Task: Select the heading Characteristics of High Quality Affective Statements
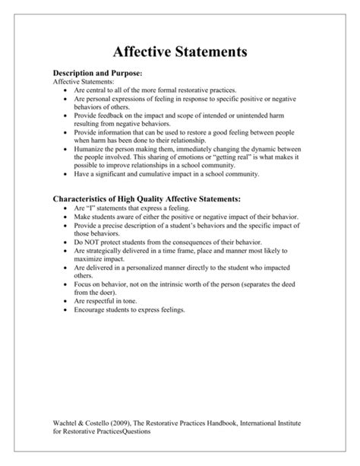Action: tap(146, 198)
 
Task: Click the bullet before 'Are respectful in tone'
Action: tap(68, 301)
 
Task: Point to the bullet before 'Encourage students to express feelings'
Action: tap(68, 310)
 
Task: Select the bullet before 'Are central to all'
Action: tap(68, 90)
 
